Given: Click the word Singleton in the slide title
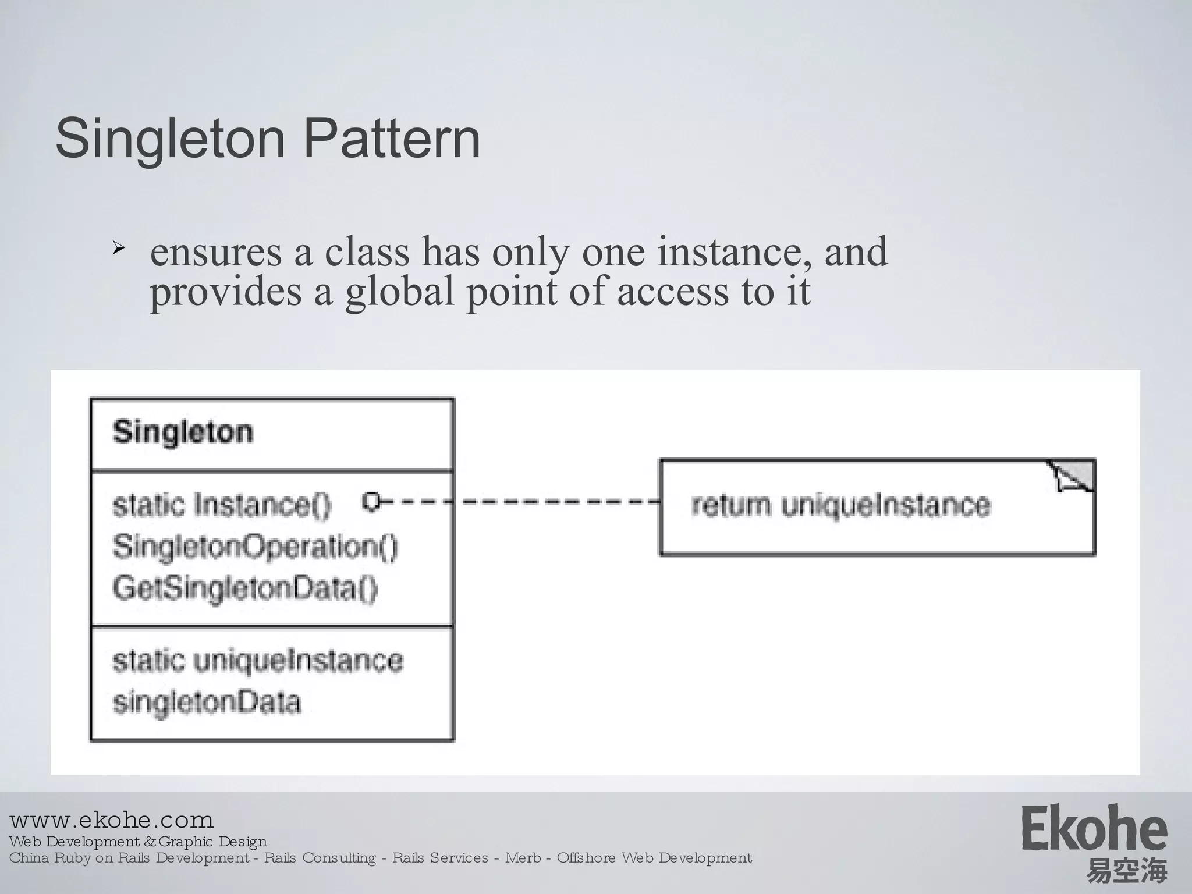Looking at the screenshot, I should click(170, 140).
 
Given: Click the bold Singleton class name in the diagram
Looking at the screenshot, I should click(183, 432).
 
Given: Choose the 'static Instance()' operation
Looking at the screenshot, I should click(222, 505).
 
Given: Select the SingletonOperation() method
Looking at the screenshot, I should click(255, 547).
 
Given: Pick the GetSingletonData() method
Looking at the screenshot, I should click(245, 588).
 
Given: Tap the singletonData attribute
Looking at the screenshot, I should click(207, 703).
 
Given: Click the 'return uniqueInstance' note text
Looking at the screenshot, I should click(840, 505).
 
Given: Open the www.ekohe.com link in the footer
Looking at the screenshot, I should click(112, 821).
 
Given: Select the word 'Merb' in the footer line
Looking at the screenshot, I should click(522, 858).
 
